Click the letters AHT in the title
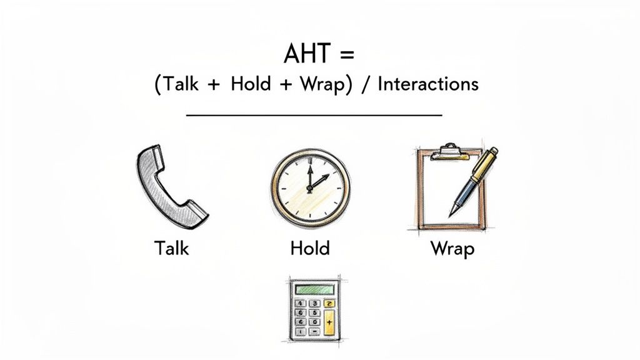306,54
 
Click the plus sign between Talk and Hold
213,85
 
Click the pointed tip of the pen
451,214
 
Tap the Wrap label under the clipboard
452,248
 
